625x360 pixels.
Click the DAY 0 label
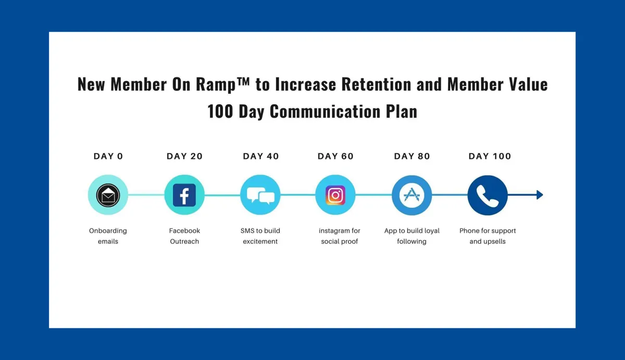tap(108, 156)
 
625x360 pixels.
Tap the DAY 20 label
tap(185, 156)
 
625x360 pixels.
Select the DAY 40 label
tap(261, 156)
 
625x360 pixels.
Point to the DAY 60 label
tap(335, 156)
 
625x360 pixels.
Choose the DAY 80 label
tap(412, 156)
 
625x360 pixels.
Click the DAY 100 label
tap(490, 156)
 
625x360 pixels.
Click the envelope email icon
tap(108, 195)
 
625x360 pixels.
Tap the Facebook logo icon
tap(184, 195)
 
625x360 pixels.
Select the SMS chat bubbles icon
tap(260, 195)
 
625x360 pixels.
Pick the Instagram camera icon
tap(335, 195)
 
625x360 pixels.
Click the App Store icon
tap(412, 195)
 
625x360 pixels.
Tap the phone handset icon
tap(488, 196)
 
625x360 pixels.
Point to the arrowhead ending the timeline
tap(540, 195)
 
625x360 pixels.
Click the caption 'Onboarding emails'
tap(108, 236)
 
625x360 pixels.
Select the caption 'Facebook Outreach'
tap(184, 236)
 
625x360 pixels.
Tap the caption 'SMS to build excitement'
tap(260, 236)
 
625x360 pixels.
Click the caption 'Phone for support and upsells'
tap(488, 236)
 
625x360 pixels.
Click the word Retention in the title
tap(377, 84)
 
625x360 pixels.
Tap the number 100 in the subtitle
tap(220, 111)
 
